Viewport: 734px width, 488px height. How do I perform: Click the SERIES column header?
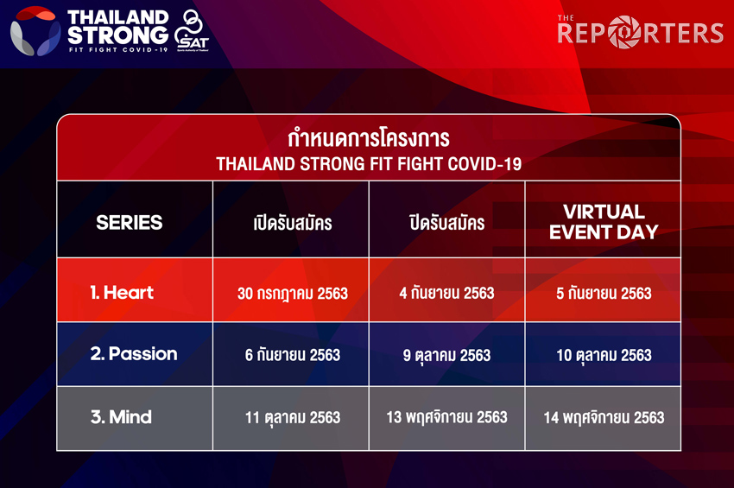(x=130, y=223)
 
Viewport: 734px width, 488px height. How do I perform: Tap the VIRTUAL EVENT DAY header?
(x=604, y=222)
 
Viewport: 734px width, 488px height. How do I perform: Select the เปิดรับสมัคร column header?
(x=293, y=223)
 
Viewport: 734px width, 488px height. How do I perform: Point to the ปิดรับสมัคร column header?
(x=447, y=223)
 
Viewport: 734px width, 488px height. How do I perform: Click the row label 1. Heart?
(x=122, y=293)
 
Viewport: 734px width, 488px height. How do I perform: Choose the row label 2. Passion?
(x=134, y=353)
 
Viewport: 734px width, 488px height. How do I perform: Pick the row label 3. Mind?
(x=121, y=417)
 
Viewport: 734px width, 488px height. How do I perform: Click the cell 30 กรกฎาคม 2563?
(x=293, y=294)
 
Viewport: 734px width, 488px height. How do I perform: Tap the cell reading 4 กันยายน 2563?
(x=447, y=293)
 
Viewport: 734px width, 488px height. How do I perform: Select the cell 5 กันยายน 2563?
(x=604, y=293)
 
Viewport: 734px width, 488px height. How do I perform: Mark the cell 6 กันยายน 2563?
(x=293, y=354)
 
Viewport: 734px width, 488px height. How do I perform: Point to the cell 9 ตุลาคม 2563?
(x=447, y=356)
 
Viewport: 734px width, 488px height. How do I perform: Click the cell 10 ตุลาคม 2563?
(x=604, y=356)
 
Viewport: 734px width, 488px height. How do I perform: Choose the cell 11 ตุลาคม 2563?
(x=293, y=417)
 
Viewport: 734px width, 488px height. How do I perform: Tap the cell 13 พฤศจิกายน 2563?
(x=447, y=417)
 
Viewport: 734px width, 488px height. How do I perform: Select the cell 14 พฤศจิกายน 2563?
(x=604, y=417)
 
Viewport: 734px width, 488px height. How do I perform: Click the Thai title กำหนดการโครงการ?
(x=369, y=138)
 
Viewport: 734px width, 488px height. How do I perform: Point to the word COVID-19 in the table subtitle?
(x=484, y=164)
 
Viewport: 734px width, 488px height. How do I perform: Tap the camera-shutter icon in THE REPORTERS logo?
(x=624, y=32)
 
